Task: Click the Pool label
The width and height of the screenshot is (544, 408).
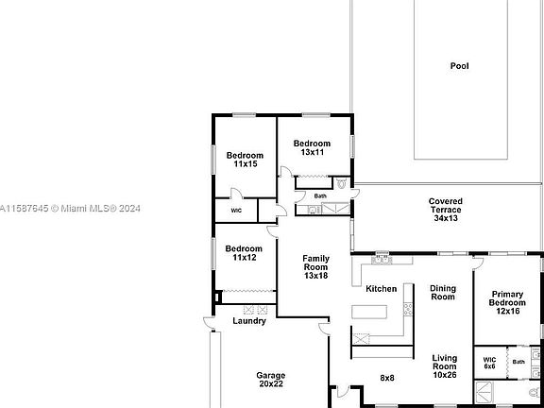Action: point(459,66)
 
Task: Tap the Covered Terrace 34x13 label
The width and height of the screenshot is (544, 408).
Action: point(445,210)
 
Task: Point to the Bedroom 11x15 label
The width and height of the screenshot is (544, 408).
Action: point(245,159)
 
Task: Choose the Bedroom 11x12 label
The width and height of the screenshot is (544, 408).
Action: point(244,252)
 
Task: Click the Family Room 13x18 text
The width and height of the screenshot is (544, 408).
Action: point(315,265)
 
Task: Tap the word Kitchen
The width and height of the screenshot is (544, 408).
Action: point(382,289)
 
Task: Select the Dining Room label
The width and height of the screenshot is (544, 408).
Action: point(442,293)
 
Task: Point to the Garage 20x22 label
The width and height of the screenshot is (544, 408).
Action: point(270,379)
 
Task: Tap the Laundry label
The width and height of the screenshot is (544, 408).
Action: point(249,321)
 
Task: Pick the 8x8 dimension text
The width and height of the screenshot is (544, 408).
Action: point(387,378)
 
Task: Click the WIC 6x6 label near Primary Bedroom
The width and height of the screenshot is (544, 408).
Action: point(489,363)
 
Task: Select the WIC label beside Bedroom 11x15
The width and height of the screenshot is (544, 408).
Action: point(236,211)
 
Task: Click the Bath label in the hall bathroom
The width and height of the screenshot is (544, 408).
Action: point(320,196)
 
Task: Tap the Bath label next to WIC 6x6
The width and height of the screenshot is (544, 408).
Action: point(518,362)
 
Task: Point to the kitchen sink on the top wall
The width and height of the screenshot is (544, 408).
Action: point(382,258)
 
